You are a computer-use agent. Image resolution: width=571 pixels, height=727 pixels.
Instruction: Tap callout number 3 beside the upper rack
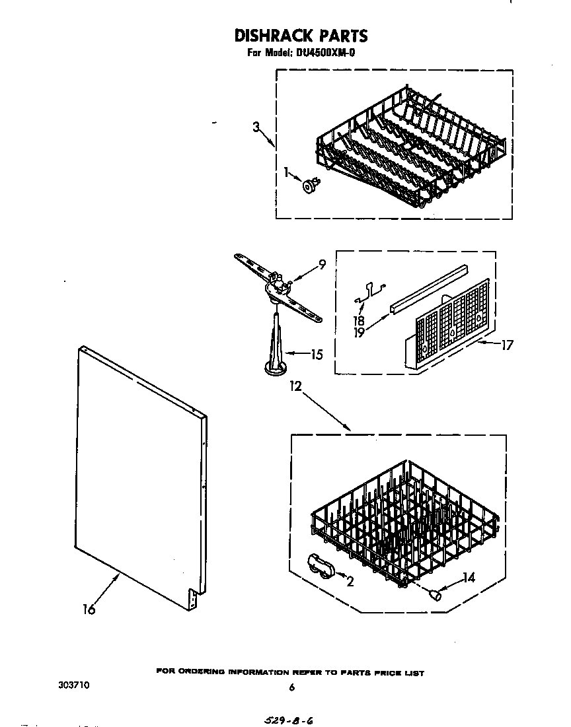pos(256,127)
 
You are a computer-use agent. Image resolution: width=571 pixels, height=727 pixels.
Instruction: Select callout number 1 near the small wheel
pos(286,172)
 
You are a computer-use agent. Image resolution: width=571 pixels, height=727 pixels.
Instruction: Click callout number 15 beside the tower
pos(317,355)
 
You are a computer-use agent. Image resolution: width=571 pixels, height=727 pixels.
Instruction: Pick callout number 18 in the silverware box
pos(359,321)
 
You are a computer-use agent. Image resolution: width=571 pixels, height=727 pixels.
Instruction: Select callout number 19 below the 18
pos(359,333)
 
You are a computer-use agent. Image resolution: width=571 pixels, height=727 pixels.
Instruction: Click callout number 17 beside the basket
pos(506,344)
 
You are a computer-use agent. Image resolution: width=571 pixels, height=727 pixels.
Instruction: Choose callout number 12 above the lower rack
pos(295,388)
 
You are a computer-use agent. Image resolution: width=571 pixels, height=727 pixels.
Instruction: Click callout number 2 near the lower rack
pos(350,581)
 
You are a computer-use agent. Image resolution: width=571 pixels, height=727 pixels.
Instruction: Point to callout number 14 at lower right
pos(468,578)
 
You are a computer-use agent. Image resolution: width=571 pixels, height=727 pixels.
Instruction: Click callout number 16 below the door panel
pos(89,610)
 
